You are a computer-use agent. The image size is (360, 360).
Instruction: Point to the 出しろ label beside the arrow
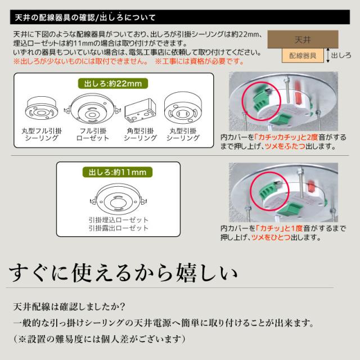pos(341,56)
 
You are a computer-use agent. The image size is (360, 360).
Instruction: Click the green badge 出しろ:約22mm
pos(112,84)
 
